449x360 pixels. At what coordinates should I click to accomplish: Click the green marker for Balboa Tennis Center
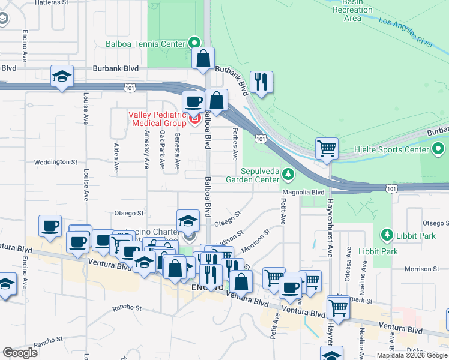click(x=194, y=43)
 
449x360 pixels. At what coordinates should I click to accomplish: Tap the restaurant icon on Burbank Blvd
click(x=261, y=82)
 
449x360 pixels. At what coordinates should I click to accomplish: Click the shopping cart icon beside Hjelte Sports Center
click(x=326, y=148)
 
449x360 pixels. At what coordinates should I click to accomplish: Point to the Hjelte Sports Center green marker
click(x=439, y=148)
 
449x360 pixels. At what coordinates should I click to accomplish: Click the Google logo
click(x=20, y=352)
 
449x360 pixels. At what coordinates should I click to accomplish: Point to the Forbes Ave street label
click(x=235, y=145)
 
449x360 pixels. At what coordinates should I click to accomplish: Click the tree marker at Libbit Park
click(x=387, y=233)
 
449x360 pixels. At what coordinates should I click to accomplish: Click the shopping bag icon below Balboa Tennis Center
click(x=203, y=59)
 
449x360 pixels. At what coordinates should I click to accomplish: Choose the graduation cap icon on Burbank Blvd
click(x=62, y=76)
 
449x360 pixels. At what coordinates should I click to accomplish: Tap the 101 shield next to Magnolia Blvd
click(x=391, y=188)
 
